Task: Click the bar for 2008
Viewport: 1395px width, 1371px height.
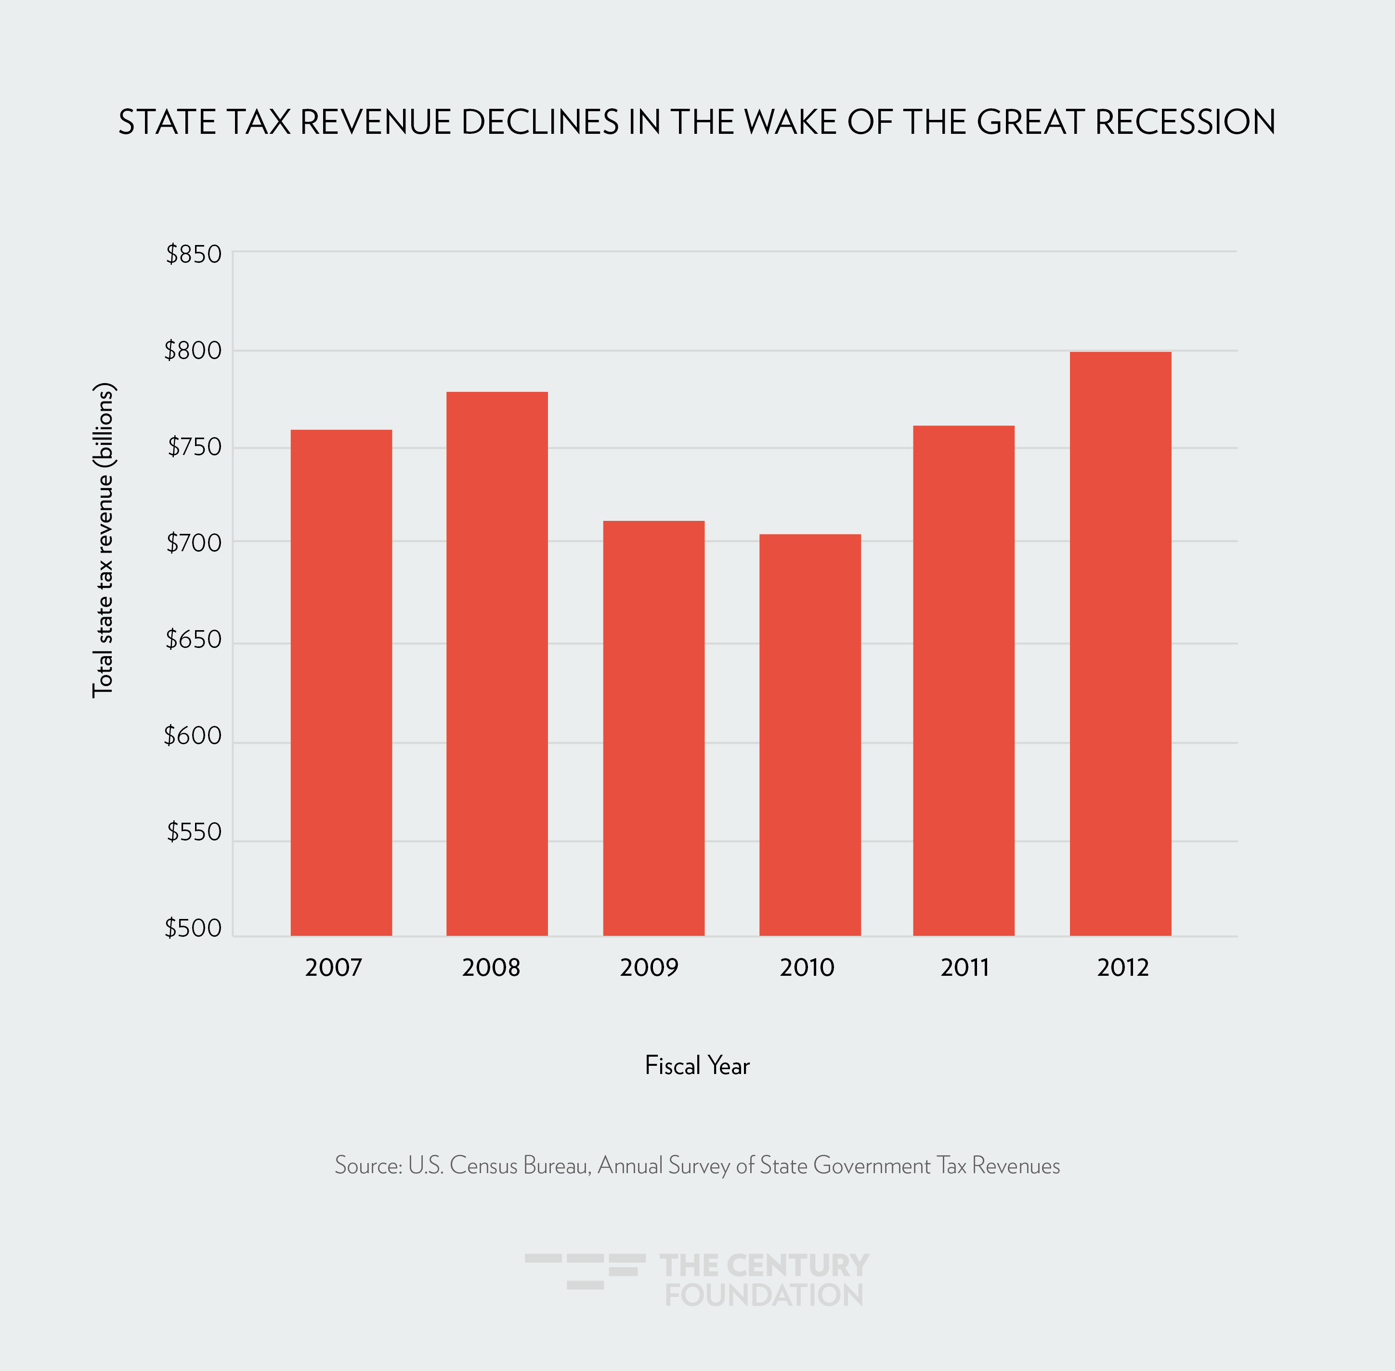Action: (497, 663)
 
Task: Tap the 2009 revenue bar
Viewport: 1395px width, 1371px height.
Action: (653, 727)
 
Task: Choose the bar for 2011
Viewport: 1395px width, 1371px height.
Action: (964, 681)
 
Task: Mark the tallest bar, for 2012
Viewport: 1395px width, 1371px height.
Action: (1120, 643)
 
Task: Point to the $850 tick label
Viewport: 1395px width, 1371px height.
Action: (193, 254)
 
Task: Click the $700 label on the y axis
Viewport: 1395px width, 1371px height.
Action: (193, 543)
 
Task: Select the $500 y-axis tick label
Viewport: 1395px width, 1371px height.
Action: (193, 928)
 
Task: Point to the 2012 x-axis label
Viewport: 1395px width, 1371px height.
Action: (1123, 967)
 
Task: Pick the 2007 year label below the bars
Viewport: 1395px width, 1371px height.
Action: (333, 967)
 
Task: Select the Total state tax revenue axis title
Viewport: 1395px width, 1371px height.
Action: (104, 540)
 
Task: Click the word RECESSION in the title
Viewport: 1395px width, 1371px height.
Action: (1186, 122)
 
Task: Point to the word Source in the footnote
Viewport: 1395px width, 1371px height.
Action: (367, 1165)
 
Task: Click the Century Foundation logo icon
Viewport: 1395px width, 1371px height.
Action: (585, 1271)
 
